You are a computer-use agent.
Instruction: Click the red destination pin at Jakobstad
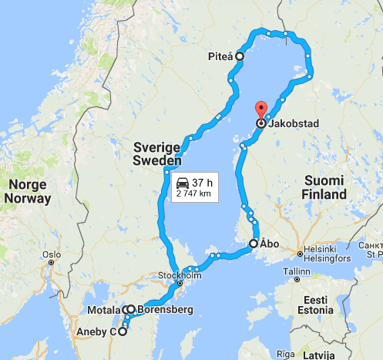click(x=260, y=110)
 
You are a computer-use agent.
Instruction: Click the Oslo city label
click(x=52, y=254)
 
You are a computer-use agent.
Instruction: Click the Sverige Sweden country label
click(x=156, y=154)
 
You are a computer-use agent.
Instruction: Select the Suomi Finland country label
click(x=324, y=188)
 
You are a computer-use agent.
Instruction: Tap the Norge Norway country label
click(x=28, y=191)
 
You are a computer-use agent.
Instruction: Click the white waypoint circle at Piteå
click(x=240, y=56)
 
